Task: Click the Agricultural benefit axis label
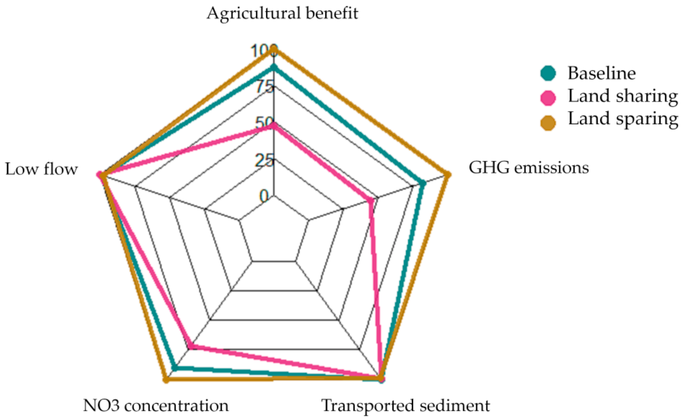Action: click(282, 13)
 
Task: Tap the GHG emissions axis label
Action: click(529, 168)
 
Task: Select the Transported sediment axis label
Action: click(406, 405)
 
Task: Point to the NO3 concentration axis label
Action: click(156, 405)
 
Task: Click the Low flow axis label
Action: click(42, 169)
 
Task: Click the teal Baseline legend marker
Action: click(548, 73)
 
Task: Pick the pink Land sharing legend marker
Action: click(548, 98)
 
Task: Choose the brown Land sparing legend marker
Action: click(548, 122)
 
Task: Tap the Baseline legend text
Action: click(602, 73)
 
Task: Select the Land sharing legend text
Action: click(623, 96)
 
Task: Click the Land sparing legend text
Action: click(623, 119)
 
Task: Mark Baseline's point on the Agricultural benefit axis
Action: click(274, 68)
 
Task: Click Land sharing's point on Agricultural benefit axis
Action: click(274, 126)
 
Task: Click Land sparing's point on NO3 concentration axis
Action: click(166, 379)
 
